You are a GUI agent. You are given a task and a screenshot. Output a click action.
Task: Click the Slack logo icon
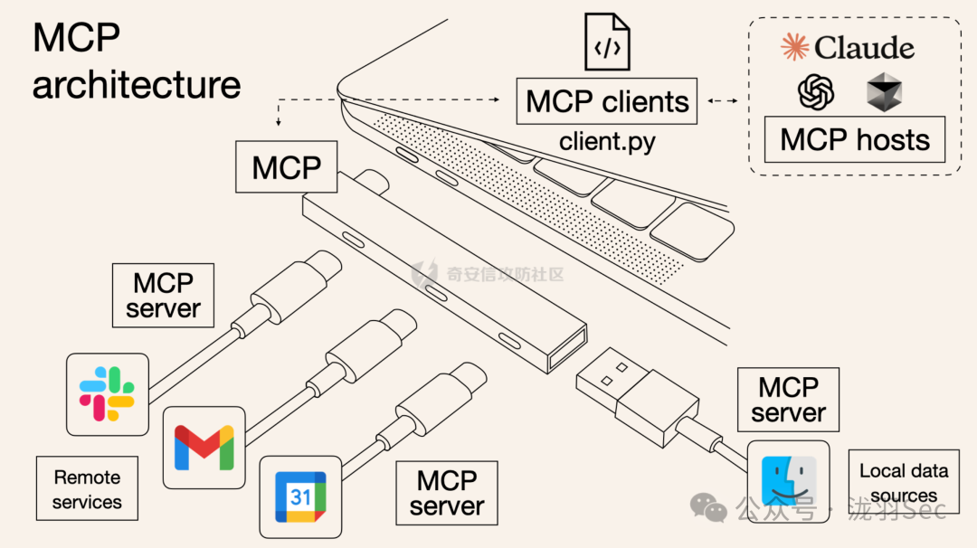pos(107,393)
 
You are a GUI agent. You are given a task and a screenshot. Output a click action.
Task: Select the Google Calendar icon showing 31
pos(300,496)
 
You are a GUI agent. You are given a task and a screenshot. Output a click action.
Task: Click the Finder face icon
pos(789,481)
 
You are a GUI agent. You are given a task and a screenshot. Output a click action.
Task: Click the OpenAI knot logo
pos(816,92)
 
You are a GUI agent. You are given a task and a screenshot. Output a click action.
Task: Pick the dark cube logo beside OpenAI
pos(884,93)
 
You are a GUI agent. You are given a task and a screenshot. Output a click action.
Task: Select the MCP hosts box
pos(855,140)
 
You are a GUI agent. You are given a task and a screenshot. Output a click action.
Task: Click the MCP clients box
pos(607,101)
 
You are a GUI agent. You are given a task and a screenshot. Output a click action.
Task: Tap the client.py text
pos(606,141)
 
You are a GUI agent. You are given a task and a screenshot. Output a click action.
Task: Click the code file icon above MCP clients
pos(607,42)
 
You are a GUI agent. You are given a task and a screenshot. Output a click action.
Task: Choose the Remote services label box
pos(87,488)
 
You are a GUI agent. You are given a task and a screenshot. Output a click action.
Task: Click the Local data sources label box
pos(903,481)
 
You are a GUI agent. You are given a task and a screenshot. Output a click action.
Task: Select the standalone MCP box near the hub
pos(286,166)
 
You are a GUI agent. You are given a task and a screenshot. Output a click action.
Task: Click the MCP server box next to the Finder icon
pos(788,400)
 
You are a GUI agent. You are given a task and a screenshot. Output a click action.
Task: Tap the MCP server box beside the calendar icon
pos(446,493)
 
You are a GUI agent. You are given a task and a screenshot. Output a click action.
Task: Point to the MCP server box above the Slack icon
pos(163,295)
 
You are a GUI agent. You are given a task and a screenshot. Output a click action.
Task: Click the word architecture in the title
pos(137,85)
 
